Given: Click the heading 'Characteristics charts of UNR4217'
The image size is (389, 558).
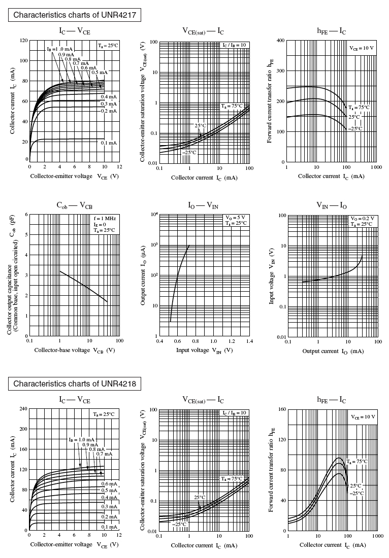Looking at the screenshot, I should [x=74, y=15].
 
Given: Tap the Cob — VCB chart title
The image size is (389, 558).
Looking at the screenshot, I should [x=74, y=205].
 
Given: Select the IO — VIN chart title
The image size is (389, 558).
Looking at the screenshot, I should [x=204, y=205].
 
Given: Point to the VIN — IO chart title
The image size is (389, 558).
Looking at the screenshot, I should [x=332, y=205].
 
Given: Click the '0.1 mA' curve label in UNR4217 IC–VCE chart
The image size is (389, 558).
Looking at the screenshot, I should [x=109, y=143].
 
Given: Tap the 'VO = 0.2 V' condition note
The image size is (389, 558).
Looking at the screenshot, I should [x=363, y=218].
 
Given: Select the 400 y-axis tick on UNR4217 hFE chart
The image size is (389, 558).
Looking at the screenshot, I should [x=280, y=41].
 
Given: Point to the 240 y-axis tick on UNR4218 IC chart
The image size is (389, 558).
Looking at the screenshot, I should [x=22, y=408].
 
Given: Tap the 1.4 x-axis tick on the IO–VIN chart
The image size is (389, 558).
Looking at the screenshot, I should [x=249, y=341].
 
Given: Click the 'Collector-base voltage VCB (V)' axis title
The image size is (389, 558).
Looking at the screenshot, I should [x=75, y=350].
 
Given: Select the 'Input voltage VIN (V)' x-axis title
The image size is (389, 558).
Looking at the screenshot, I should [x=204, y=350].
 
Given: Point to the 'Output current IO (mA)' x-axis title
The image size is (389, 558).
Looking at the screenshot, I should [x=332, y=351].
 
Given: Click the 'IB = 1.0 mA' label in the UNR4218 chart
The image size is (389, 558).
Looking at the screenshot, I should [x=81, y=439].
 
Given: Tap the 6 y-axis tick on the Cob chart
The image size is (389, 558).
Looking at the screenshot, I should [x=25, y=215].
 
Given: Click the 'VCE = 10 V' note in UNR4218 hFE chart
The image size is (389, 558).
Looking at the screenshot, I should [x=362, y=416].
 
